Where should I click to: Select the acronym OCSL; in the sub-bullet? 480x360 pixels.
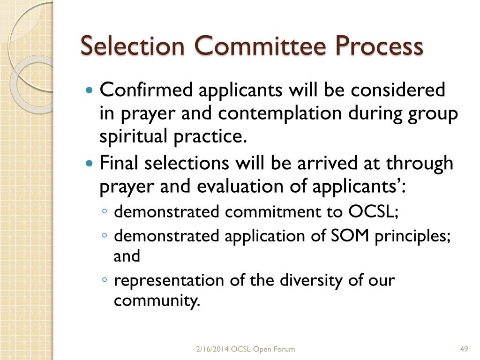click(x=373, y=212)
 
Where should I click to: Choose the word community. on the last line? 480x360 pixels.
click(x=157, y=300)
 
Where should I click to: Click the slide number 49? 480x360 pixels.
click(x=465, y=349)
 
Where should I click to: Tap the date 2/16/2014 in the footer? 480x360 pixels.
click(x=213, y=349)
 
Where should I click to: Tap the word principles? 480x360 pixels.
click(x=413, y=236)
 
